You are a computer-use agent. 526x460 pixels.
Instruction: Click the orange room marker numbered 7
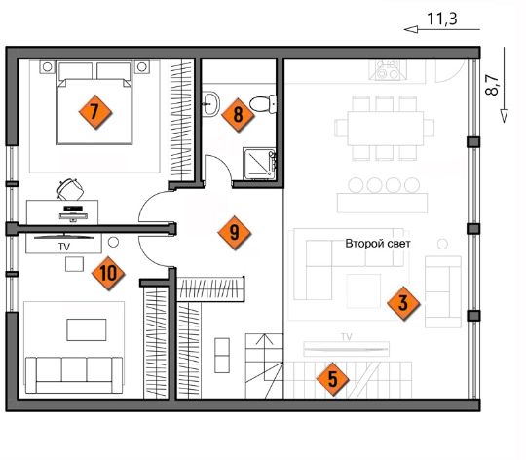[x=94, y=112]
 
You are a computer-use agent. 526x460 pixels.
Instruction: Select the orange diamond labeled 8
[x=238, y=115]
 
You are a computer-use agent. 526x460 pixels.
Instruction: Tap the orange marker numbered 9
[x=234, y=233]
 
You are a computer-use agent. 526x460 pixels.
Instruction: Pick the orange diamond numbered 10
[x=108, y=273]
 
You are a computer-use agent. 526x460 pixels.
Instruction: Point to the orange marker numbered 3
[x=403, y=303]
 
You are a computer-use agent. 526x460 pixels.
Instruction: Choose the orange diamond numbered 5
[x=333, y=379]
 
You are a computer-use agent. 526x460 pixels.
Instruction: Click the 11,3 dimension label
[x=442, y=19]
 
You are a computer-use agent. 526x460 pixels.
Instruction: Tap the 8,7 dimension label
[x=492, y=85]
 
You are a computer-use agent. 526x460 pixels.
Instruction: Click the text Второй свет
[x=378, y=244]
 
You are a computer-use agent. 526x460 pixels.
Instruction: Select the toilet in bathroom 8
[x=263, y=104]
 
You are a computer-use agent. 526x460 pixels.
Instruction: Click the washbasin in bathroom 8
[x=211, y=103]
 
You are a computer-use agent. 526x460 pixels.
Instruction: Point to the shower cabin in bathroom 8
[x=260, y=164]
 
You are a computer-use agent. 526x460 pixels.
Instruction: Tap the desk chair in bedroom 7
[x=70, y=189]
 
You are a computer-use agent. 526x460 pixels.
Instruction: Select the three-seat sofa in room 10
[x=74, y=375]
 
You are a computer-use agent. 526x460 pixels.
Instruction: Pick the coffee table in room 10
[x=87, y=329]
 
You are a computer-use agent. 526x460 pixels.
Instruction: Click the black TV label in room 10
[x=64, y=247]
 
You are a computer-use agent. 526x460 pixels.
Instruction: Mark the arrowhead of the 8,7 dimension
[x=504, y=116]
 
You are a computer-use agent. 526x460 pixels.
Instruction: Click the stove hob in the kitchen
[x=388, y=70]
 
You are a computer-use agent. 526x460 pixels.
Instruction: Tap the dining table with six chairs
[x=385, y=129]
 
